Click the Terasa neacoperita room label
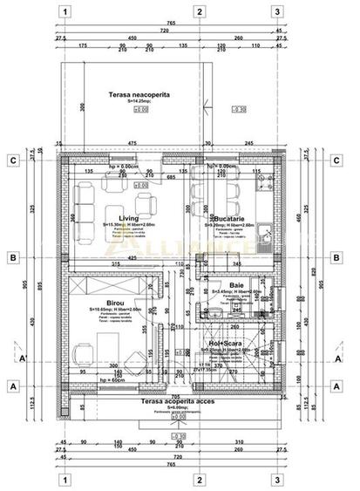pos(139,93)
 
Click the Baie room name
pos(236,285)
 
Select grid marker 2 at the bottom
pos(200,478)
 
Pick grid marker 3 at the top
pos(276,12)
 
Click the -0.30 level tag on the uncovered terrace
pos(240,110)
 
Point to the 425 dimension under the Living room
pos(133,258)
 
